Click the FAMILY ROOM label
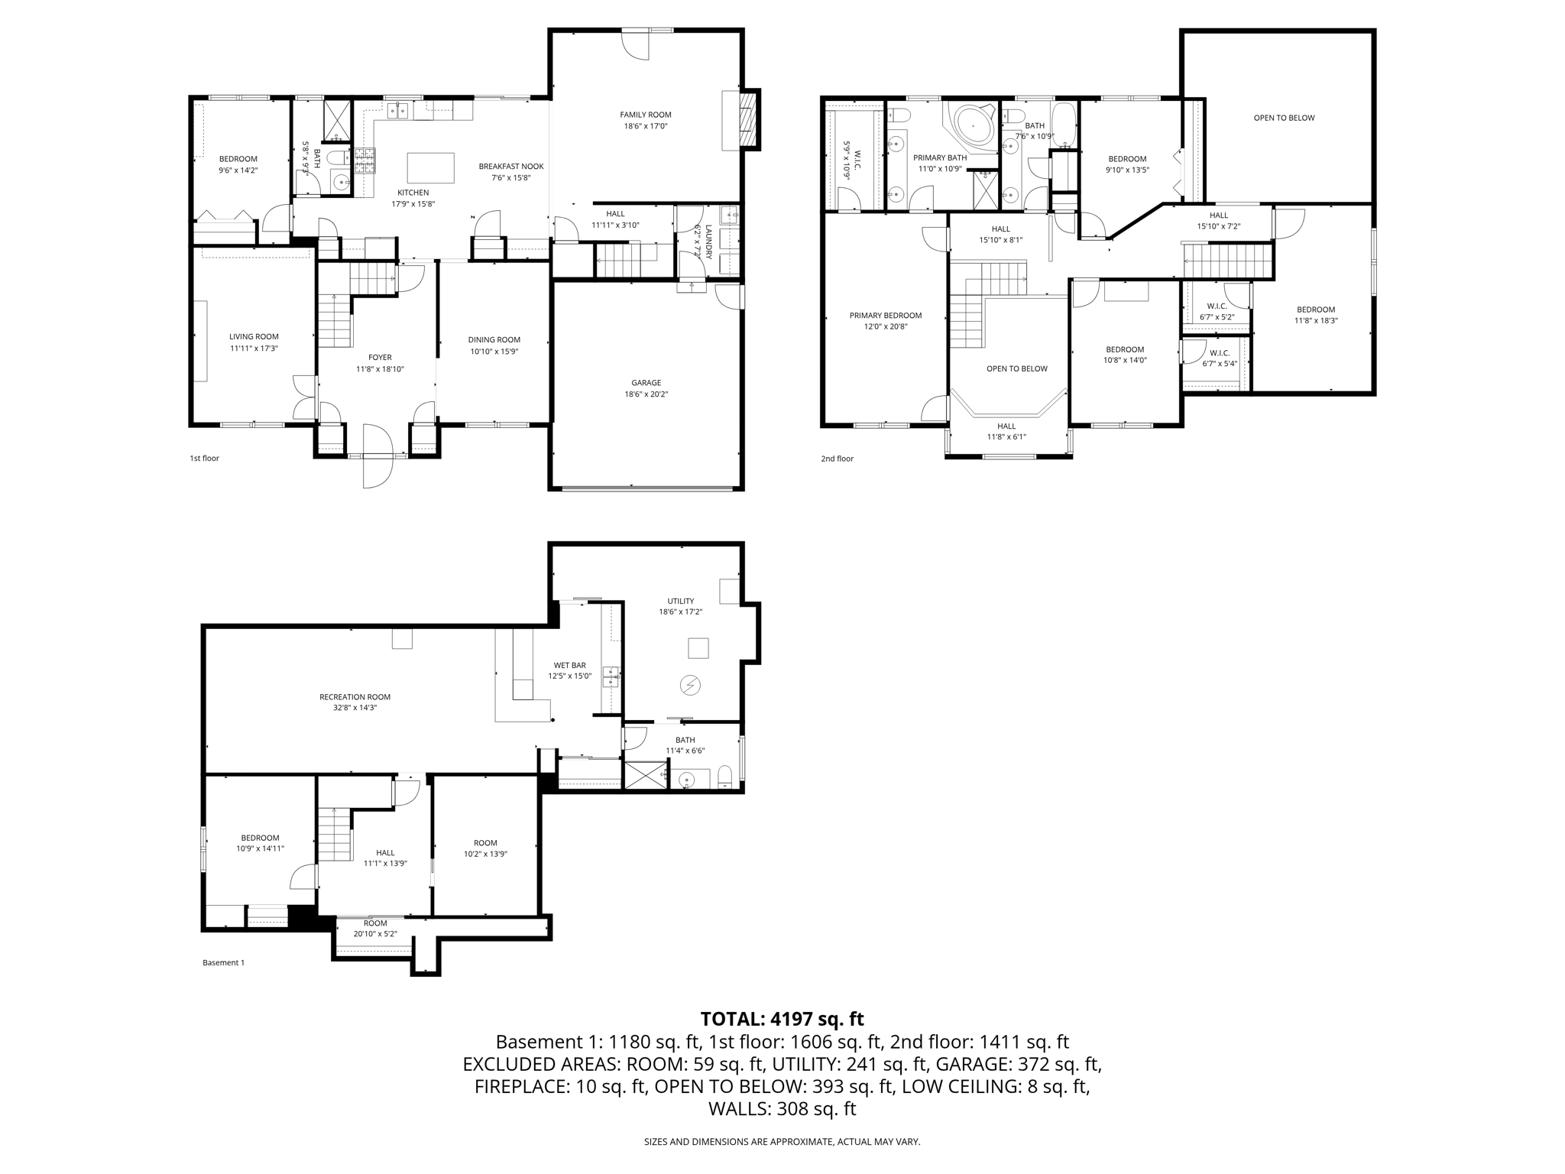click(x=645, y=115)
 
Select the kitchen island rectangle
click(x=430, y=167)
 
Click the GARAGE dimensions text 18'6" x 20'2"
click(x=646, y=394)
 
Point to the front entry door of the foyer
click(x=377, y=456)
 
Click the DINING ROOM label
click(x=494, y=340)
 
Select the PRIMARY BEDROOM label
click(x=885, y=316)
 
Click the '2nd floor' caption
click(x=837, y=459)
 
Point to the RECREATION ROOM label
click(x=355, y=697)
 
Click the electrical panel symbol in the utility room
click(x=690, y=686)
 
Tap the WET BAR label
click(x=569, y=666)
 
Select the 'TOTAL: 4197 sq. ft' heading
click(x=782, y=1019)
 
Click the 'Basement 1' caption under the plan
click(x=223, y=963)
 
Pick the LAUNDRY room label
click(x=708, y=242)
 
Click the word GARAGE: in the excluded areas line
click(x=964, y=1064)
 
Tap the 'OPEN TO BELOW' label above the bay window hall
click(x=1016, y=368)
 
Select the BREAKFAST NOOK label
click(x=511, y=167)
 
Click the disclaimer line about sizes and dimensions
click(x=782, y=1142)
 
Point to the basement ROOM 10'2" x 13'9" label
click(x=484, y=843)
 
